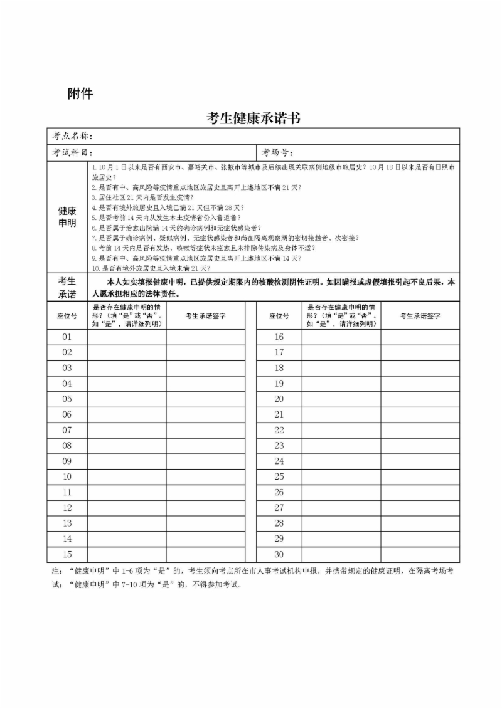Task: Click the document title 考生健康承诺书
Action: (x=252, y=118)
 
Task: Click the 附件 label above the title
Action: (x=80, y=94)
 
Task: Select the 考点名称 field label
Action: (x=73, y=135)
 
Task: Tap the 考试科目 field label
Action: (x=73, y=152)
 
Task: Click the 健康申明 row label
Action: (x=67, y=217)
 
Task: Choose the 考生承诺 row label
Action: (x=67, y=287)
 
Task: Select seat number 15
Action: (x=67, y=554)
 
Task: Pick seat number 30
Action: (x=279, y=554)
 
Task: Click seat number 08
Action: (x=67, y=446)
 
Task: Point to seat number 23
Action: (x=279, y=446)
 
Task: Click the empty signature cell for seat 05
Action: (x=205, y=399)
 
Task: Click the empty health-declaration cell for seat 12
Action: (x=127, y=508)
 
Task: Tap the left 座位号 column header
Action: (x=67, y=316)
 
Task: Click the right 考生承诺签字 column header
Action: (x=420, y=316)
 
